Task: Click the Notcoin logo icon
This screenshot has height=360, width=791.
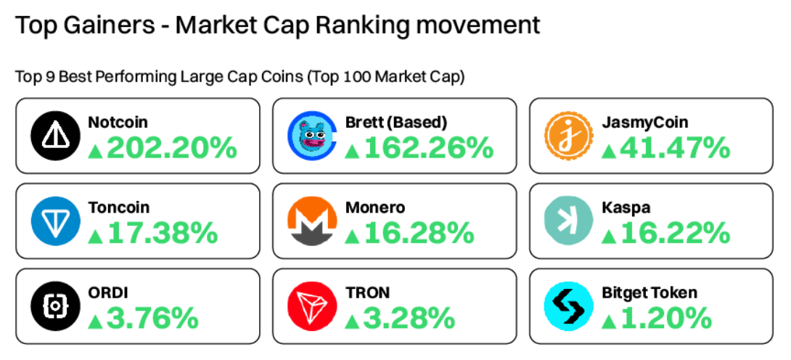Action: [x=54, y=136]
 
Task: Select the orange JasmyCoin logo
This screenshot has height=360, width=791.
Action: [x=569, y=136]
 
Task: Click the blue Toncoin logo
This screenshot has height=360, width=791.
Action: [x=54, y=221]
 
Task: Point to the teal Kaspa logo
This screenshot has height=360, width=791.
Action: [x=569, y=221]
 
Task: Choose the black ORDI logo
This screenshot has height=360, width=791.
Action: [x=54, y=306]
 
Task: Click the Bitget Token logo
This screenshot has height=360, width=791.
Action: [x=569, y=306]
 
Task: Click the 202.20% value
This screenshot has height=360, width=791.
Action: [x=172, y=149]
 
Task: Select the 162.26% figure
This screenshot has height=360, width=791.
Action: [x=429, y=149]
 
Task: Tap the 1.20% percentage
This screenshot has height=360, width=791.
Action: [x=666, y=319]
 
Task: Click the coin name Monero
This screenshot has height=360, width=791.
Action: [x=376, y=208]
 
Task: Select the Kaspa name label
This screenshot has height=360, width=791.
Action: [x=626, y=208]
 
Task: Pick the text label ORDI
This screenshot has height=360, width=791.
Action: [x=108, y=292]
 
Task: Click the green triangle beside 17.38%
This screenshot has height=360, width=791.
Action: [x=94, y=235]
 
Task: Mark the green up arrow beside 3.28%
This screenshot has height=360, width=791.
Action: [x=352, y=320]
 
